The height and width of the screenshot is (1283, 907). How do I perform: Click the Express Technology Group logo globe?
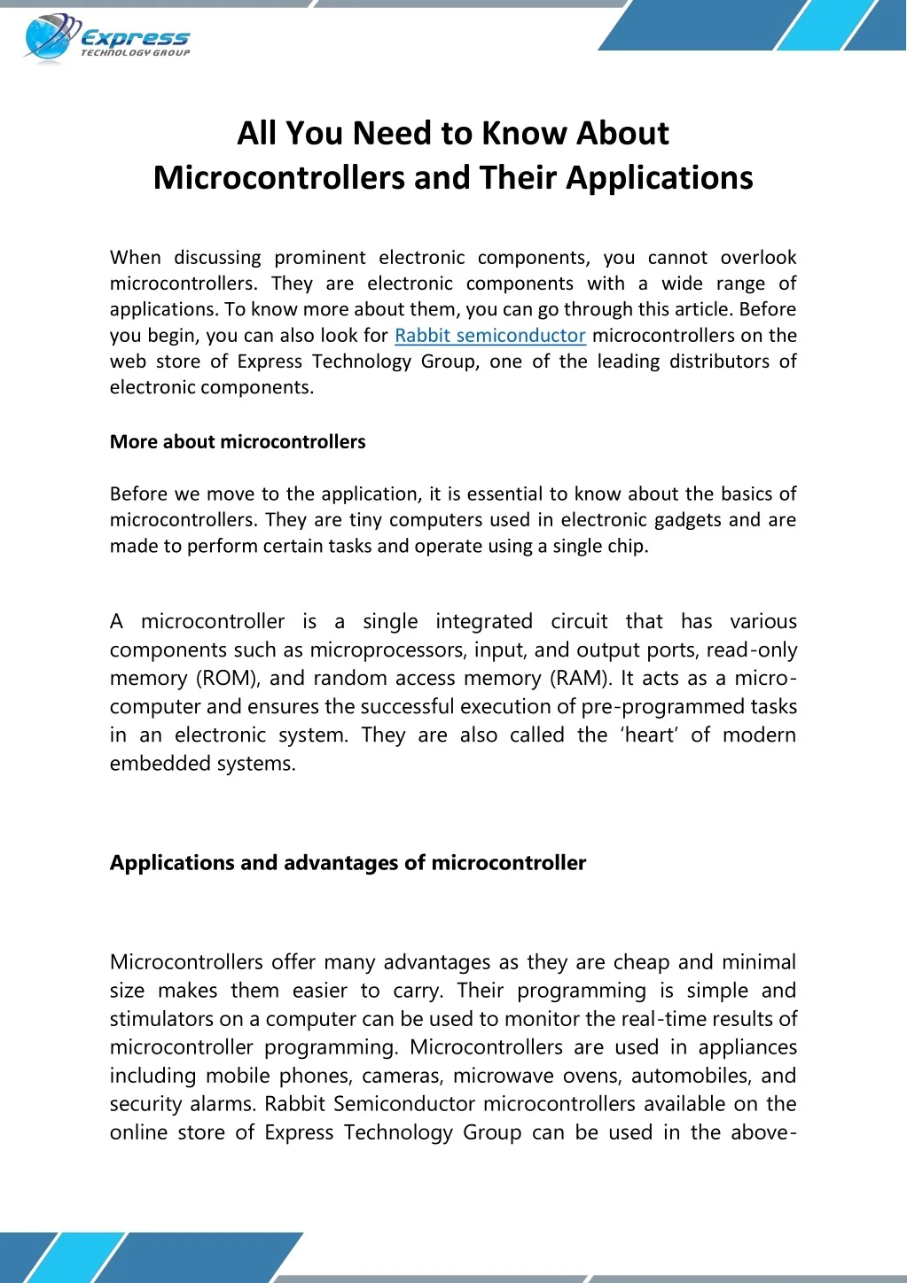46,38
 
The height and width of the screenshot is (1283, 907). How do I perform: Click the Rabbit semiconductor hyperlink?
489,336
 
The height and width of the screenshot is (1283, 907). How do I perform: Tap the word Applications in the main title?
660,178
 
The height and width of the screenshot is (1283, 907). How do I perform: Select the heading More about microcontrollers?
238,441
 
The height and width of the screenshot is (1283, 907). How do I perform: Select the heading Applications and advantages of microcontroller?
348,863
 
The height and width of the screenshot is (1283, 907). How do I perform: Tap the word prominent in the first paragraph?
319,258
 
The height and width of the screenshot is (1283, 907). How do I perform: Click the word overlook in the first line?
758,258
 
